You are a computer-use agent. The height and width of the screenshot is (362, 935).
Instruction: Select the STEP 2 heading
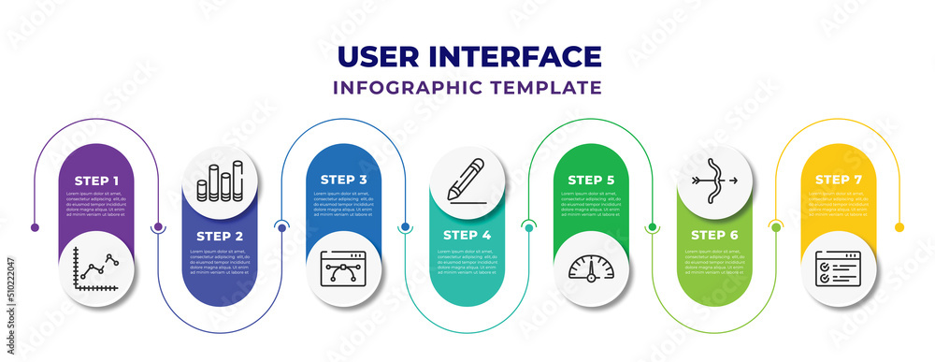click(x=220, y=237)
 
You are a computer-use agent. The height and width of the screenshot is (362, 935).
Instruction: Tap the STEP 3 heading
click(x=343, y=179)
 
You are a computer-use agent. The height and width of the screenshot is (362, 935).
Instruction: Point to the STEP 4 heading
click(x=467, y=237)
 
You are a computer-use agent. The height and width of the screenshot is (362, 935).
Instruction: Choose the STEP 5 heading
click(x=590, y=179)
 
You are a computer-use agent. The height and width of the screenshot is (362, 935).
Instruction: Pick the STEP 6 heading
click(x=713, y=237)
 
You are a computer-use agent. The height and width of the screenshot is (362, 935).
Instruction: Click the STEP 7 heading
click(x=837, y=179)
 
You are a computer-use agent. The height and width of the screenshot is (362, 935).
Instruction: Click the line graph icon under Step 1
click(x=97, y=268)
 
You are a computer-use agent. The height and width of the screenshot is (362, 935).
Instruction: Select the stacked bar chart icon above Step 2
click(x=220, y=180)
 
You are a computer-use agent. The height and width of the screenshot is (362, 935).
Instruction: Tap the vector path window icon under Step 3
click(x=343, y=268)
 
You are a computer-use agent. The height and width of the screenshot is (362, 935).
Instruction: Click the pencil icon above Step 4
click(x=467, y=180)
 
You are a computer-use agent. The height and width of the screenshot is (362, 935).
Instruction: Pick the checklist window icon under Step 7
click(x=837, y=268)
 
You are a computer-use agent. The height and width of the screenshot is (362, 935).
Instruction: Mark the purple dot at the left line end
click(x=35, y=227)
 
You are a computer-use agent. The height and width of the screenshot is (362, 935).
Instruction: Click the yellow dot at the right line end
click(x=899, y=227)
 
